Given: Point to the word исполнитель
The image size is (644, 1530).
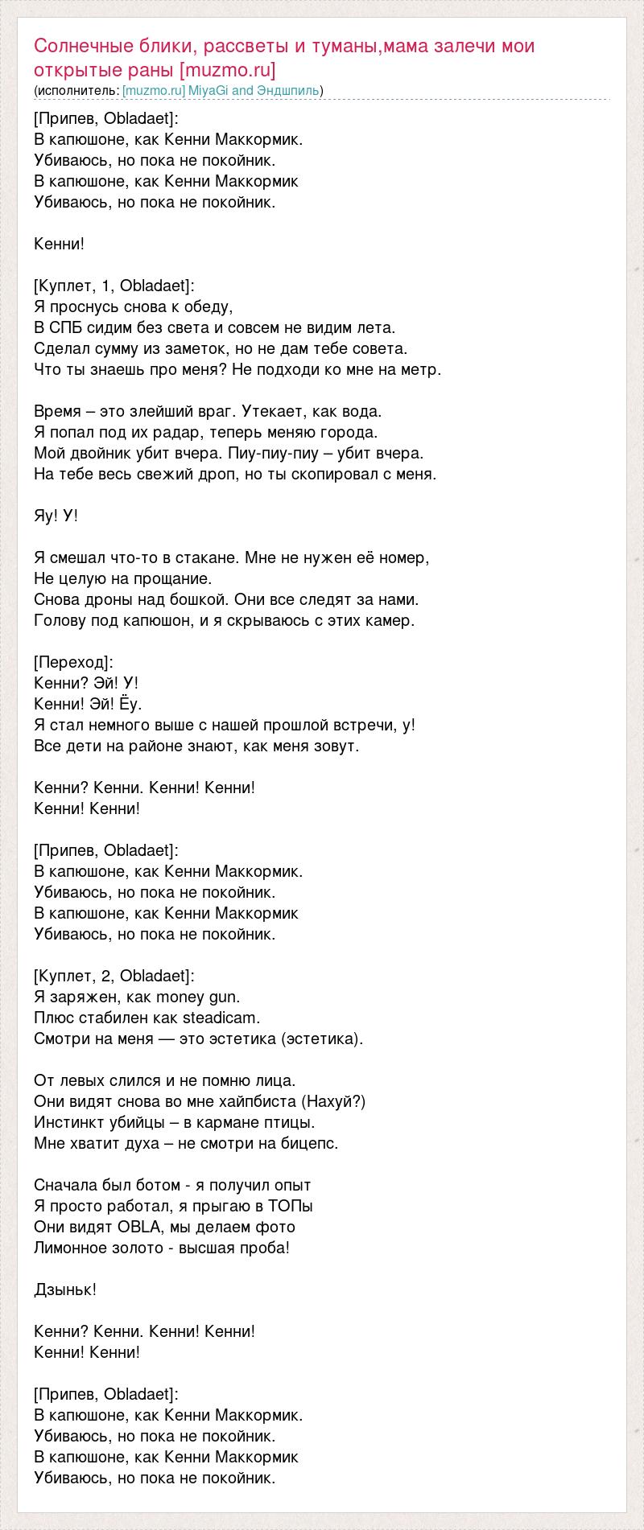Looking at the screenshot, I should [x=77, y=91].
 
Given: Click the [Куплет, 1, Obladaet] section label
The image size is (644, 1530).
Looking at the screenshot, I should [x=114, y=286].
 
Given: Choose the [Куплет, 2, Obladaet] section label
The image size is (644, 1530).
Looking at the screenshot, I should [x=114, y=976].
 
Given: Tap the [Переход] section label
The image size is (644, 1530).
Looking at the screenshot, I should [x=74, y=662].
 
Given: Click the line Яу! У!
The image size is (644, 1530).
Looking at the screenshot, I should [x=56, y=516].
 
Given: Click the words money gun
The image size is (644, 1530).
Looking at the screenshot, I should [x=197, y=997].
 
